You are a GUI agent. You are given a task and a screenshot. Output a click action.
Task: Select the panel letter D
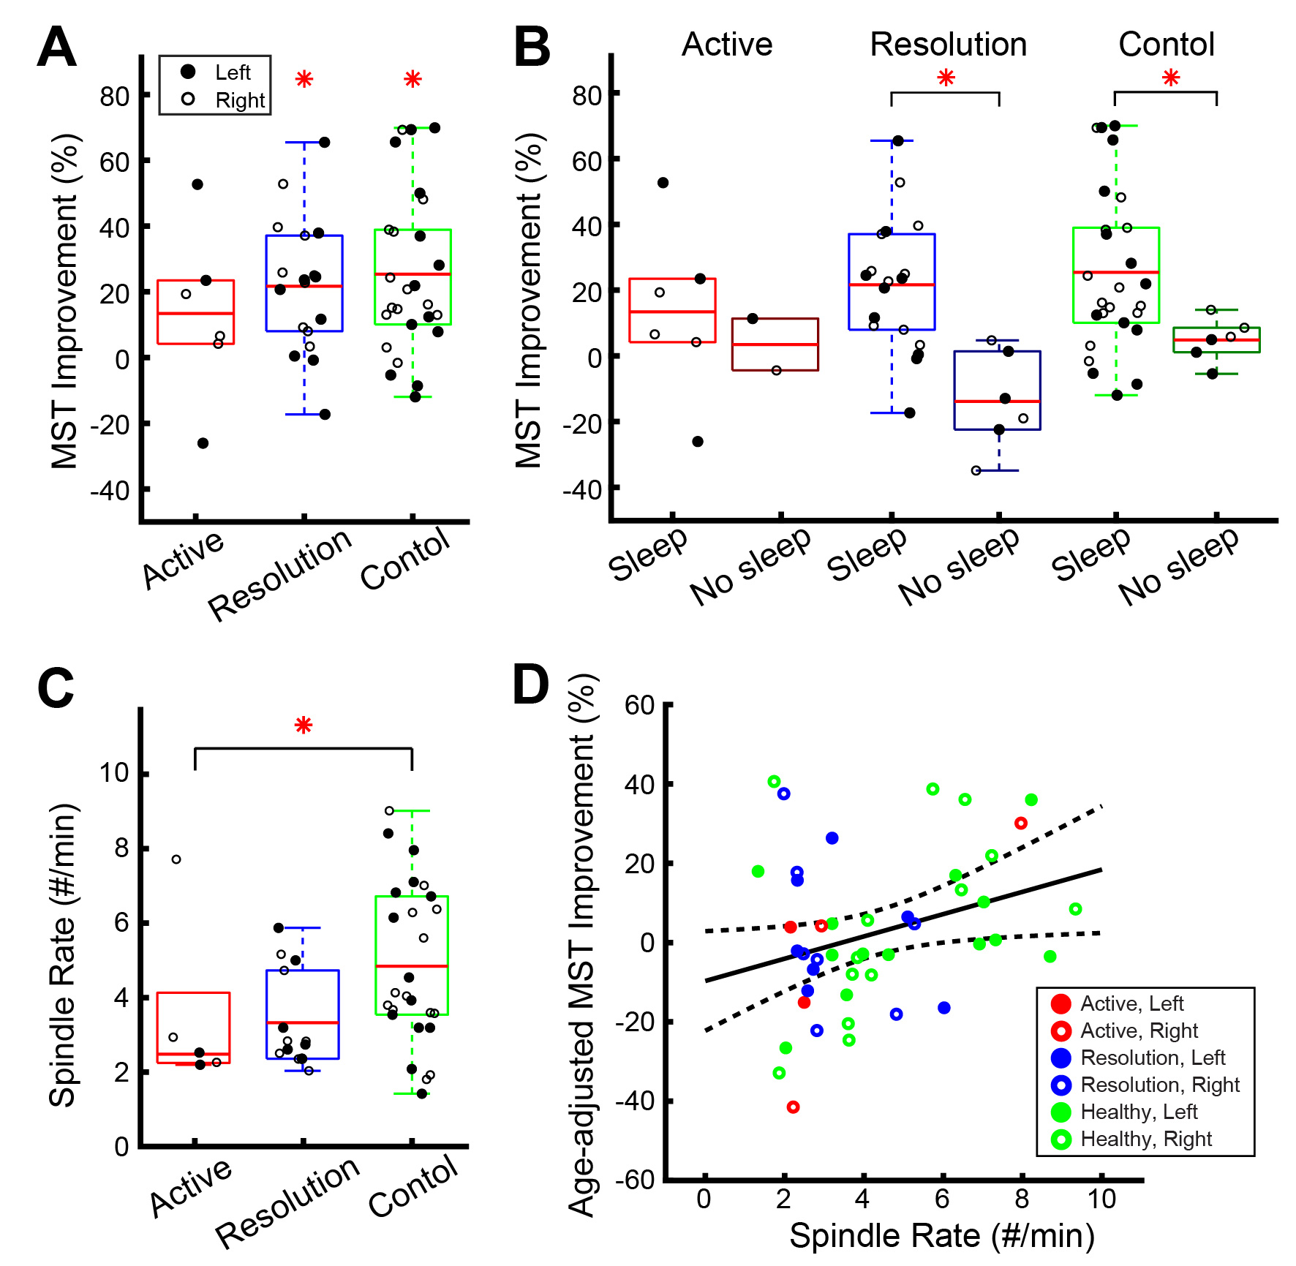pos(530,685)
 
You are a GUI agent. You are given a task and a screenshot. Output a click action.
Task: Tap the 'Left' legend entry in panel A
pos(232,72)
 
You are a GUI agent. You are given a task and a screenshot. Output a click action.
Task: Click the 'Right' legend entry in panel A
pos(239,100)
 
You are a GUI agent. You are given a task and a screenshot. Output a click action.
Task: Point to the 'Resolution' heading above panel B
pos(948,45)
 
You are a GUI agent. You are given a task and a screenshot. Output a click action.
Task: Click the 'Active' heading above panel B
pos(727,45)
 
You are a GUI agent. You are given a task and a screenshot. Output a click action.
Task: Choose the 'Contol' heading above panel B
pos(1166,45)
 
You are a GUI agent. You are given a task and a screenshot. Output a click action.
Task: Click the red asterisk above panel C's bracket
pos(304,726)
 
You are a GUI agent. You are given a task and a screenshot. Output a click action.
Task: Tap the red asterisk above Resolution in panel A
pos(304,79)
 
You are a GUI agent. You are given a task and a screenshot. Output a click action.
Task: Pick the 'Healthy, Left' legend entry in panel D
pos(1139,1112)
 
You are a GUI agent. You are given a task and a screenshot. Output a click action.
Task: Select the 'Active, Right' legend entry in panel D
pos(1139,1031)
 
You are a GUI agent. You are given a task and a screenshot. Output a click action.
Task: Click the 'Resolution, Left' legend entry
pos(1153,1058)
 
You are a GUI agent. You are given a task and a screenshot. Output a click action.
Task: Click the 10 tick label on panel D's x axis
pos(1101,1199)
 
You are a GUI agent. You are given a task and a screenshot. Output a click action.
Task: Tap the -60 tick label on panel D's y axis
pos(635,1180)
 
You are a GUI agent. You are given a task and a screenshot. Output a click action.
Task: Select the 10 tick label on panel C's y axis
pos(114,773)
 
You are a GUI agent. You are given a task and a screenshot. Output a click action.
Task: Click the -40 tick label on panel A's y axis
pos(110,490)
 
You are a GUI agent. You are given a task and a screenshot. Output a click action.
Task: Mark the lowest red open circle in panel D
pos(793,1107)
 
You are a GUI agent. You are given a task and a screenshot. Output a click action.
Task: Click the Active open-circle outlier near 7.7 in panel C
pos(176,859)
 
